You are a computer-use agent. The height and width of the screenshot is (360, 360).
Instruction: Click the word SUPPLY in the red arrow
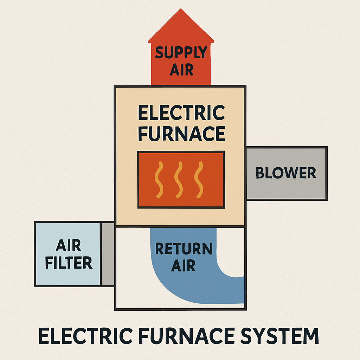tap(181, 53)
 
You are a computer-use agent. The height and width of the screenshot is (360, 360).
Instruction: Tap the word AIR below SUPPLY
tap(181, 70)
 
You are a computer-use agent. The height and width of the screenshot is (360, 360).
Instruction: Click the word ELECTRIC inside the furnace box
tap(181, 113)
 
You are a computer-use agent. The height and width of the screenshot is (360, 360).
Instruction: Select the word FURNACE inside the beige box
tap(181, 133)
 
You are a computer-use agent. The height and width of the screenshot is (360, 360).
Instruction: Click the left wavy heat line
tap(160, 179)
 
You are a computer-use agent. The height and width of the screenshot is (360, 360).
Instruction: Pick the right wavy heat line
tap(200, 179)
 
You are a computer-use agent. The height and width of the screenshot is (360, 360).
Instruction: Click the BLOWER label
tap(286, 173)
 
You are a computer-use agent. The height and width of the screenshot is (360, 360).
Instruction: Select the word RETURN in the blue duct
tap(184, 249)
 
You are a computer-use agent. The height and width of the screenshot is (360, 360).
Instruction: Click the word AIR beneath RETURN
tap(183, 265)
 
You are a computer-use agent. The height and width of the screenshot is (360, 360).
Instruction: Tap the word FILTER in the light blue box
tap(69, 263)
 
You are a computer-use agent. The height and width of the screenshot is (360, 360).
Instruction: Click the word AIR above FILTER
tap(69, 246)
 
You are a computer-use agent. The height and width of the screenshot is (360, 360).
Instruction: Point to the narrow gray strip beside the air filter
tap(108, 254)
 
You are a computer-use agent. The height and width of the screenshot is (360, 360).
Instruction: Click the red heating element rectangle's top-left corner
tap(139, 153)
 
